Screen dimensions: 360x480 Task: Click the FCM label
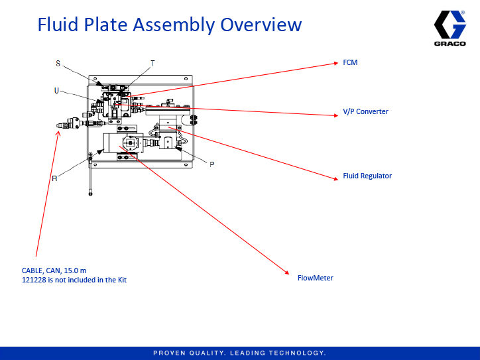click(350, 63)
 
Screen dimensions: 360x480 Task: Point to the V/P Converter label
click(365, 111)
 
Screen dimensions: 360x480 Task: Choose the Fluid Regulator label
click(367, 176)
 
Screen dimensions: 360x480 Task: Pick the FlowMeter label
click(315, 278)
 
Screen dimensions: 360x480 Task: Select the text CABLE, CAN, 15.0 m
click(54, 270)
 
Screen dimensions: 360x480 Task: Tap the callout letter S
click(58, 64)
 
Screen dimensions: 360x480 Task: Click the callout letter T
click(152, 64)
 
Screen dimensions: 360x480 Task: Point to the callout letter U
click(57, 90)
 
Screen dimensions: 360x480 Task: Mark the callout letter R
click(54, 178)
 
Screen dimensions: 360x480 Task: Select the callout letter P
click(211, 164)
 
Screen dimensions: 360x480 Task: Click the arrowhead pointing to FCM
click(336, 64)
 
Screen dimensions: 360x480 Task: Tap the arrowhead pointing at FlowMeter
click(288, 272)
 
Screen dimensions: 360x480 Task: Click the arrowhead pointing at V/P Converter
click(336, 115)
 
